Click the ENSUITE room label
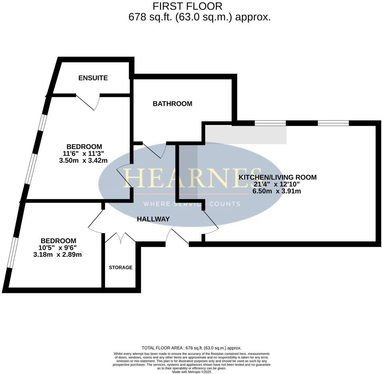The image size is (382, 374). pos(93,78)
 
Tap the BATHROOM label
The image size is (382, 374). pos(172,104)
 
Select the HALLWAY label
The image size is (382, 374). pos(153,219)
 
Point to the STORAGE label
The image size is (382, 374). pos(121,267)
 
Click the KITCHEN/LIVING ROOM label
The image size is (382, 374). pos(277,177)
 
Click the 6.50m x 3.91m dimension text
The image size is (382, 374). pos(277,191)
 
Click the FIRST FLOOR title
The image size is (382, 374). pos(188,6)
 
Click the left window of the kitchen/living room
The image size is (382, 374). pos(270,123)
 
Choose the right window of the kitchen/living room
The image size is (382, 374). pos(333,123)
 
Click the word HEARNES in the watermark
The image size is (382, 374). pos(192,178)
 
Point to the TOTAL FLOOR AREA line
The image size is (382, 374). pos(192,348)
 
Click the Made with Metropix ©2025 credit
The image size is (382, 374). pos(192,372)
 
